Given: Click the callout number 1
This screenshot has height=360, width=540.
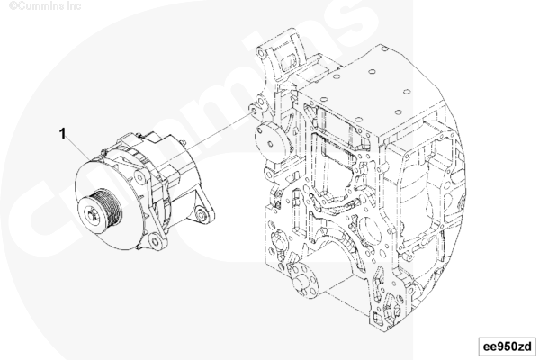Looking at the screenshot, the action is [62, 134].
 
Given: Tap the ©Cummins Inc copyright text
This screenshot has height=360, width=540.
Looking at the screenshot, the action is [45, 5].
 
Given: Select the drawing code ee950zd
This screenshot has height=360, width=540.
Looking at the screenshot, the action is [508, 346].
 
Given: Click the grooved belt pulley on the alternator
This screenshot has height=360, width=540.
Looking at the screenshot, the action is [100, 211].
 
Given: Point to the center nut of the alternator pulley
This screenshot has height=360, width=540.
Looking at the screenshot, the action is [93, 215].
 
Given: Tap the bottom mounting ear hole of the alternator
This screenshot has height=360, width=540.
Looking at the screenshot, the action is [156, 241].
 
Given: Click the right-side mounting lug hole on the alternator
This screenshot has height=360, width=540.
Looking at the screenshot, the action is [201, 214].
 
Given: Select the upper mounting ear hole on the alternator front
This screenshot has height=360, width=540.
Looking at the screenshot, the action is [139, 178].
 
